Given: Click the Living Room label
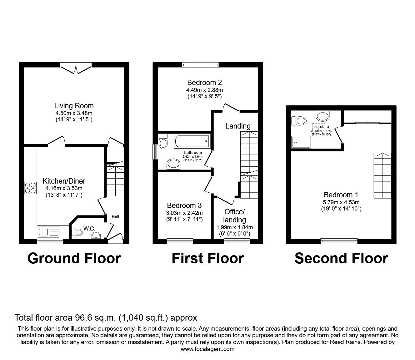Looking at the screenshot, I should click(x=74, y=106).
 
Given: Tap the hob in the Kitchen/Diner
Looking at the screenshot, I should click(x=30, y=188).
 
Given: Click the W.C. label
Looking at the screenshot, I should click(x=89, y=229).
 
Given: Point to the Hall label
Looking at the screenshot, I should click(x=115, y=217).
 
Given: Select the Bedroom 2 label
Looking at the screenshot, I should click(x=204, y=83).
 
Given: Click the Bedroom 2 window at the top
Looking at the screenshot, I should click(x=200, y=65).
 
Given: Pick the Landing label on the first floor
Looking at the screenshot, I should click(x=238, y=126).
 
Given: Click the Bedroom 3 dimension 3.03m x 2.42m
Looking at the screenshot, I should click(x=184, y=213).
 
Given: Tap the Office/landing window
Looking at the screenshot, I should click(x=237, y=241).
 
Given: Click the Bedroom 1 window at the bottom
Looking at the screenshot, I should click(x=339, y=241).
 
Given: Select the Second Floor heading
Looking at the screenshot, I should click(x=341, y=259).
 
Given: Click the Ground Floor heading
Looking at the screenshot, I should click(x=74, y=259).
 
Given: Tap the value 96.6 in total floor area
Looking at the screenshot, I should click(x=81, y=318).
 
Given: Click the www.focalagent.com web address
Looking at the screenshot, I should click(x=207, y=349).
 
